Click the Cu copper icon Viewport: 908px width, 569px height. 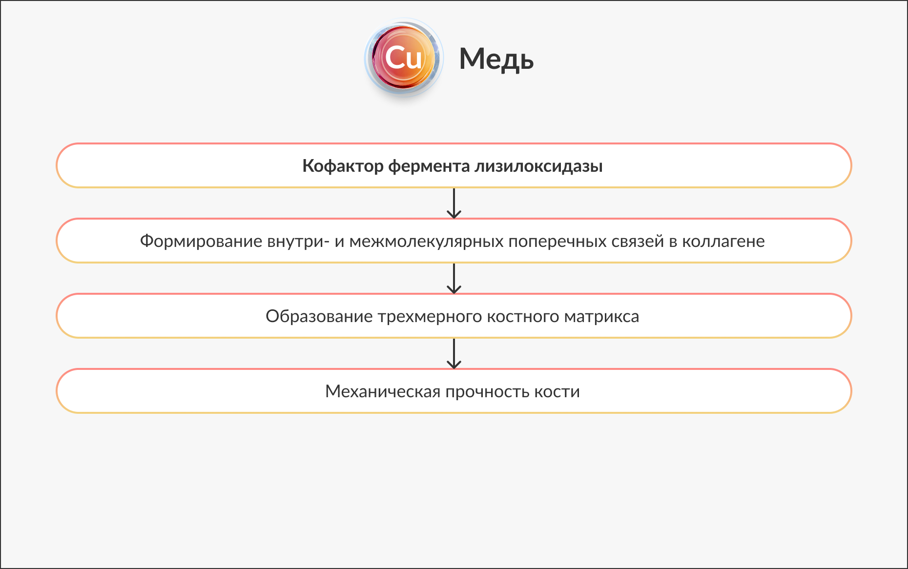click(x=403, y=59)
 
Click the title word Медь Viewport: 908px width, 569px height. click(x=496, y=60)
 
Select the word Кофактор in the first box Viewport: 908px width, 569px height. click(x=343, y=166)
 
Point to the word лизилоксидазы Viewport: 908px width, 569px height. click(x=538, y=166)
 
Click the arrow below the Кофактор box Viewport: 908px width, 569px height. click(x=454, y=203)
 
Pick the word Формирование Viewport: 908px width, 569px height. click(x=201, y=241)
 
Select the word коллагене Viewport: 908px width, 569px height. click(x=723, y=241)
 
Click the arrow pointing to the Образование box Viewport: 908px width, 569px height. click(x=454, y=278)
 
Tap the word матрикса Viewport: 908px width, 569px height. click(x=601, y=316)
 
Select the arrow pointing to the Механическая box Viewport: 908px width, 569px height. click(x=454, y=353)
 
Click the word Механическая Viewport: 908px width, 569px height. click(x=383, y=391)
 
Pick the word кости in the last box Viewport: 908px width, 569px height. click(x=557, y=391)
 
